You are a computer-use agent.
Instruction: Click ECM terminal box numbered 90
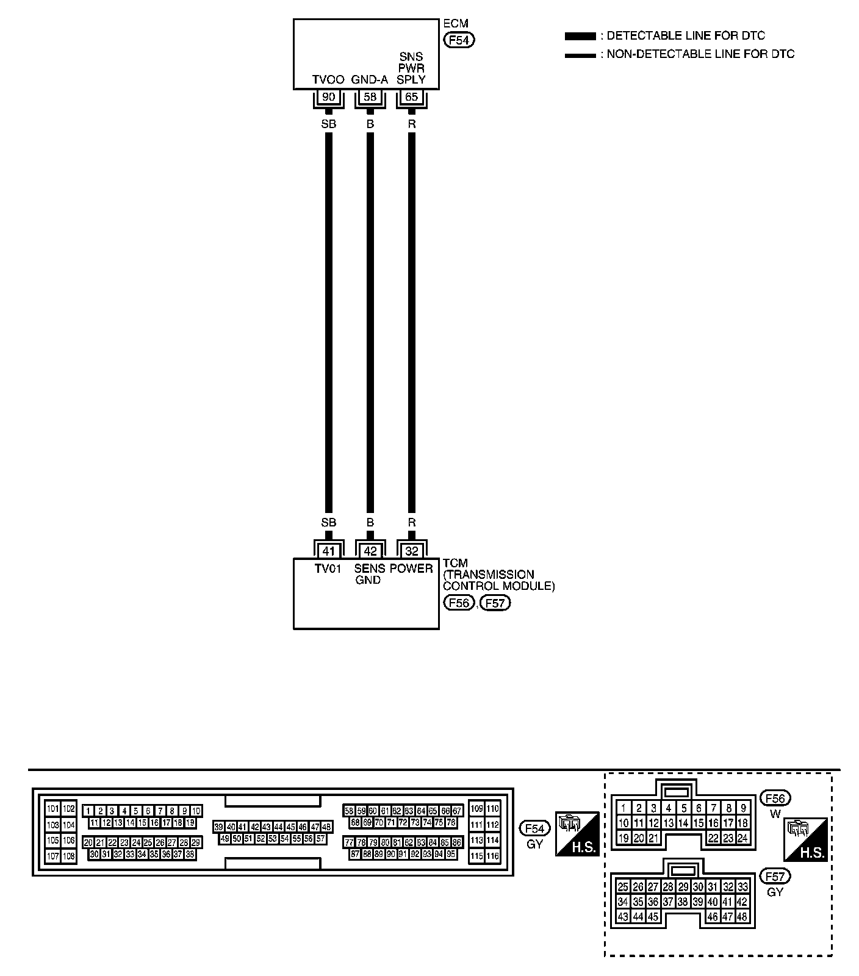pos(328,97)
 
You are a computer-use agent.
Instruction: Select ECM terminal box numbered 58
pos(370,97)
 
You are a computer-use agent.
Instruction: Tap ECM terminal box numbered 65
pos(412,97)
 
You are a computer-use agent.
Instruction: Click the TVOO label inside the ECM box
pos(328,80)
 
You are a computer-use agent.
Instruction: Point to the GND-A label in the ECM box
pos(370,80)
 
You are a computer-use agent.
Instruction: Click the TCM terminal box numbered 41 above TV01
pos(328,551)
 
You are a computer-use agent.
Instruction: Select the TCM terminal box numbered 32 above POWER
pos(412,551)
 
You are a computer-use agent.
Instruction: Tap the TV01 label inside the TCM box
pos(328,569)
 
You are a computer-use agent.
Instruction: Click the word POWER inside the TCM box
pos(412,569)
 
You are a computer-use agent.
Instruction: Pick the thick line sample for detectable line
pos(580,37)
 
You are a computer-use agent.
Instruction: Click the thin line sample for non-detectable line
pos(580,55)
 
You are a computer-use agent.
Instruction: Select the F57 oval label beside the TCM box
pos(495,603)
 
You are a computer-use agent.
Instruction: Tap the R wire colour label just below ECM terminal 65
pos(412,124)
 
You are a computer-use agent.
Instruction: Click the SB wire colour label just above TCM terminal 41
pos(328,523)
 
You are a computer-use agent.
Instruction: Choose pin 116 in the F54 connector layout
pos(492,856)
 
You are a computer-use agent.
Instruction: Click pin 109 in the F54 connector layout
pos(476,809)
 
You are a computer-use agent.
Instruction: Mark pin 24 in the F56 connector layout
pos(742,838)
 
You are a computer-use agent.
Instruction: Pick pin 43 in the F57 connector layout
pos(623,916)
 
